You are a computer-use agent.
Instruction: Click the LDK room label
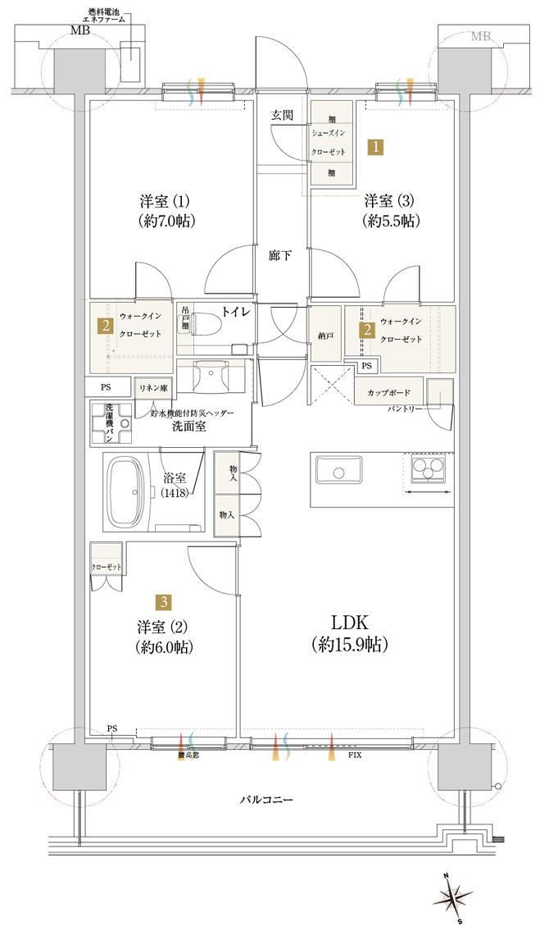click(x=348, y=632)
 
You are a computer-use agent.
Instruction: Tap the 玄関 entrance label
click(x=284, y=115)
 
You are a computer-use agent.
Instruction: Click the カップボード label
click(x=389, y=392)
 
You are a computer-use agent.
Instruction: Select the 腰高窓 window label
click(x=188, y=755)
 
